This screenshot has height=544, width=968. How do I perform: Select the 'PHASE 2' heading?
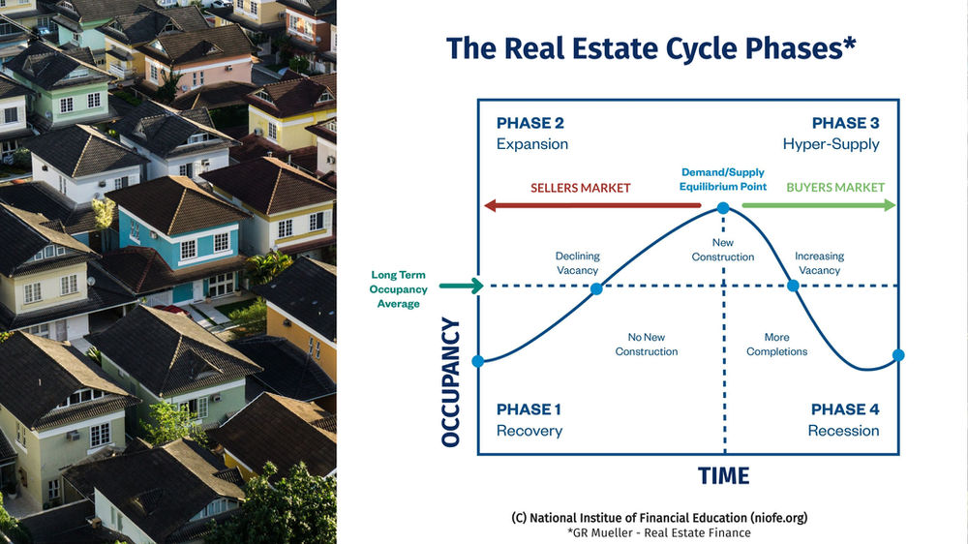coord(529,124)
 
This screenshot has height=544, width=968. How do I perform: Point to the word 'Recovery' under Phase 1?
coord(529,431)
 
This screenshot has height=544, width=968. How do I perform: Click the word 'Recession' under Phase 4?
coord(843,431)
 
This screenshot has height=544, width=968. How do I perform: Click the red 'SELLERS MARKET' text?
coord(580,188)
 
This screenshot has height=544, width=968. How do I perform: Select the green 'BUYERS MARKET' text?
coord(834,188)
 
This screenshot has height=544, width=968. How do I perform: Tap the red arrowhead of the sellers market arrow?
coord(491,205)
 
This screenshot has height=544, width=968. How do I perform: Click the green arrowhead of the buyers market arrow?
coord(890,205)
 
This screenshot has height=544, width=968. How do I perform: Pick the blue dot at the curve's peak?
coord(722,207)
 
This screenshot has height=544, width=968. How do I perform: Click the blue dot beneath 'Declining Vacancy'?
coord(596,287)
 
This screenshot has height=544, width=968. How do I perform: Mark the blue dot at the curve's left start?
coord(478,361)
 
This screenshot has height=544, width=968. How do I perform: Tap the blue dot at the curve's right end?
coord(898,356)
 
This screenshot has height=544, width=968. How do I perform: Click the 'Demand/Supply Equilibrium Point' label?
coord(722,180)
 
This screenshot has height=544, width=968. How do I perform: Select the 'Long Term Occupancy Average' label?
coord(399,289)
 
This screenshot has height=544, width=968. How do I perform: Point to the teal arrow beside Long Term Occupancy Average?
coord(460,286)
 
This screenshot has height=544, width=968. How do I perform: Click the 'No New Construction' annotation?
coord(646,345)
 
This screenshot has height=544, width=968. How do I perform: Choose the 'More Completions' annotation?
coord(776,345)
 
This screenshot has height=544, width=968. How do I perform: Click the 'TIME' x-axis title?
coord(724,476)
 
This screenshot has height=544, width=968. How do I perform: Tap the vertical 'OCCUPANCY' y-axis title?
coord(451,382)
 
